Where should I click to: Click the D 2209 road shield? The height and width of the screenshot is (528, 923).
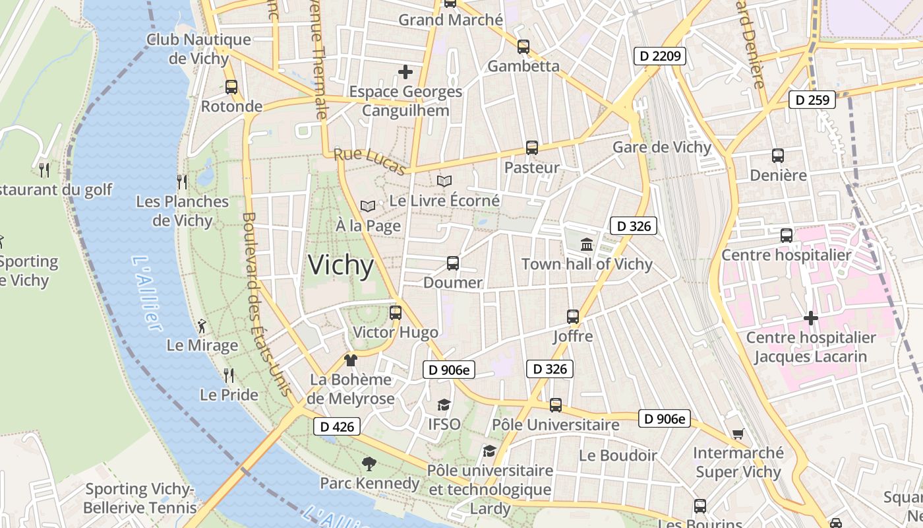coord(660,56)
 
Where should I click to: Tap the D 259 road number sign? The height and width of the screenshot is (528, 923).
coord(812,100)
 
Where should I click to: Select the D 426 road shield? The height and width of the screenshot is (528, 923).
coord(337,426)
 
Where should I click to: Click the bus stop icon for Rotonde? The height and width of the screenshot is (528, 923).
coord(231,86)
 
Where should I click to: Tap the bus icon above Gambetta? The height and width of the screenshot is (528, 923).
coord(523,46)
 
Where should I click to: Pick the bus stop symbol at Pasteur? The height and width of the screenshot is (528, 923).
coord(532,148)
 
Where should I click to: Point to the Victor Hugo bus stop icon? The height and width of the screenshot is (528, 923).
coord(396,312)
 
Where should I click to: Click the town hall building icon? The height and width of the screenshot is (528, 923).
coord(587,245)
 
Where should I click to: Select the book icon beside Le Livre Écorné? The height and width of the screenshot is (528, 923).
coord(445,181)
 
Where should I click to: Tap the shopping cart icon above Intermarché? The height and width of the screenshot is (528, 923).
coord(738,434)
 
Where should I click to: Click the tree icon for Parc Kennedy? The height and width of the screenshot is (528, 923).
coord(369,464)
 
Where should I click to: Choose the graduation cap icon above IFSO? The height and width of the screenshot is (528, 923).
coord(444,405)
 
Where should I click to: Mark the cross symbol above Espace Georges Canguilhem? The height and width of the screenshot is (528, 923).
coord(405,71)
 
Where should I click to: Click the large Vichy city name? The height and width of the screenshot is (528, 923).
coord(341,265)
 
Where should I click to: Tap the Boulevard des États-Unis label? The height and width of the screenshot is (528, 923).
coord(266,304)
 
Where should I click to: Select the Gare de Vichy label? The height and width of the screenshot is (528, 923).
coord(662,147)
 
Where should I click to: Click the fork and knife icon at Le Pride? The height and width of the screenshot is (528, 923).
coord(229,375)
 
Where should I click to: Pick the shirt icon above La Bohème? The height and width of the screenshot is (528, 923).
coord(350,360)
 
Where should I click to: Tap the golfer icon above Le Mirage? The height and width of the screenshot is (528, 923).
coord(202,325)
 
